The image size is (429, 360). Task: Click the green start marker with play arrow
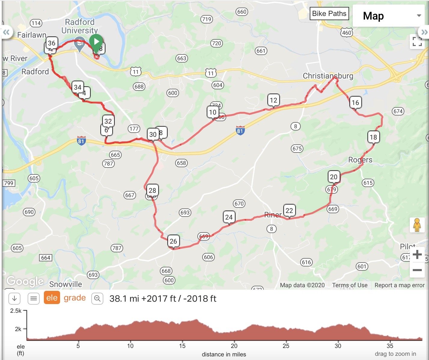[x=96, y=42]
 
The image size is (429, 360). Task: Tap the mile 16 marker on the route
[x=355, y=103]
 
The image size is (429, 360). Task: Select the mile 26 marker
[x=173, y=241]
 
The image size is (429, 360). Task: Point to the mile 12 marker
[x=273, y=100]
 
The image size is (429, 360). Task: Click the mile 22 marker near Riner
[x=289, y=210]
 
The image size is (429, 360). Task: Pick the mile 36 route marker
[x=52, y=43]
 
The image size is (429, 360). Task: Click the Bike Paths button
[x=329, y=14]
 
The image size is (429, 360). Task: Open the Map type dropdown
[x=391, y=16]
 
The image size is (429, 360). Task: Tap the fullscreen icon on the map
[x=417, y=42]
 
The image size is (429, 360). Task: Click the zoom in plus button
[x=417, y=255]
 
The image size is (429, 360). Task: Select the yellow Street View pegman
[x=417, y=225]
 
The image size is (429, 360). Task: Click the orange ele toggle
[x=52, y=298]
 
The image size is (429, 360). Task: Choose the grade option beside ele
[x=75, y=298]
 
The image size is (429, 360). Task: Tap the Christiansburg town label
[x=328, y=76]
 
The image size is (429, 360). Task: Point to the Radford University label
[x=80, y=26]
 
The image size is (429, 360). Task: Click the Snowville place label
[x=65, y=284]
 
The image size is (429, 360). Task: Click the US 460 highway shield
[x=347, y=33]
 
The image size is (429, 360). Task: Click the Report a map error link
[x=399, y=285]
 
